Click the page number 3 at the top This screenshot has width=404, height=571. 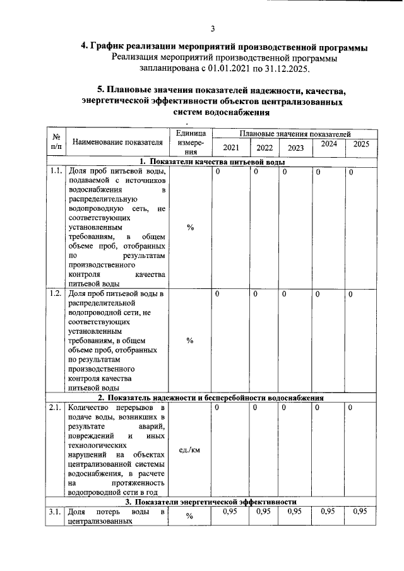click(x=213, y=28)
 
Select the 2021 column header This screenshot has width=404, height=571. click(x=231, y=148)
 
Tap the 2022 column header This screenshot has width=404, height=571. click(x=264, y=148)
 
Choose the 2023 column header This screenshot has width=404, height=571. click(x=295, y=148)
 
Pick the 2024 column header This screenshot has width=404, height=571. click(x=328, y=144)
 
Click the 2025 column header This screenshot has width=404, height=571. click(x=361, y=144)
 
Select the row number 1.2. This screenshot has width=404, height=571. click(x=56, y=294)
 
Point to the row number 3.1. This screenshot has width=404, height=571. click(x=56, y=512)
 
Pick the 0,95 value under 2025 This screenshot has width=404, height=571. click(x=360, y=512)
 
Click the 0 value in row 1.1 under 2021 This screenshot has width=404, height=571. click(x=217, y=172)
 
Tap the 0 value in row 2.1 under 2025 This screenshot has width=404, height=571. click(x=350, y=408)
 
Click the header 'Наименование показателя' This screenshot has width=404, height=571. click(x=117, y=143)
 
